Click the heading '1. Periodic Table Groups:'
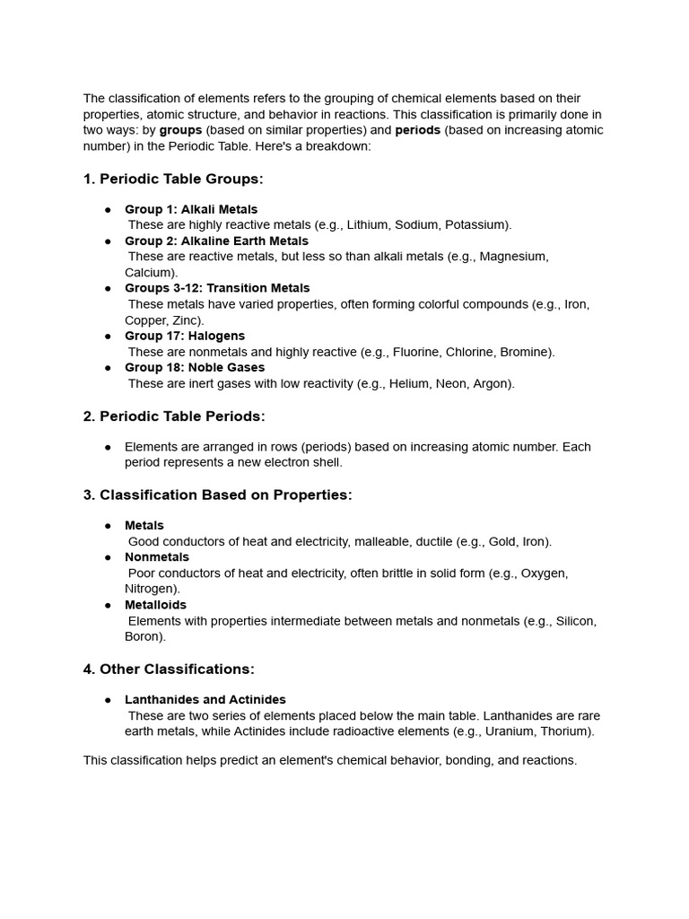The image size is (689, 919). coord(173,179)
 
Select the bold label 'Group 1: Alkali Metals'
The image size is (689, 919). coord(191,209)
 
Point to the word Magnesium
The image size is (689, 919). coord(513,257)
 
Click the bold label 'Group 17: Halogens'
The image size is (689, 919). coord(185,336)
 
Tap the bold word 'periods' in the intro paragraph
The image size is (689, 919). coord(417,130)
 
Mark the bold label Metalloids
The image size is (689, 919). coord(156,605)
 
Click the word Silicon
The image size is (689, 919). coord(576,621)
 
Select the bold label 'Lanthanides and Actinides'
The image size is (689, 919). coord(205,700)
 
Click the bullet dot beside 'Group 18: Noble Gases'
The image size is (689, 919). coord(108,368)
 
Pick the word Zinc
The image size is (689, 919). coord(188,320)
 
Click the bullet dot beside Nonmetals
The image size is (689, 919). coord(108,558)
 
